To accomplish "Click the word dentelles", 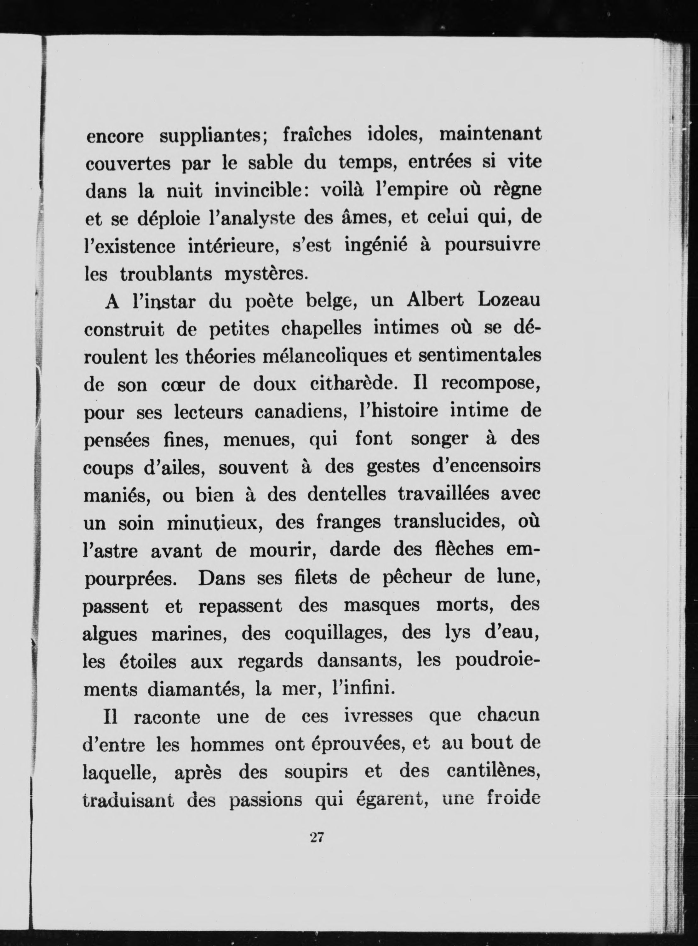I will point(346,495).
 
